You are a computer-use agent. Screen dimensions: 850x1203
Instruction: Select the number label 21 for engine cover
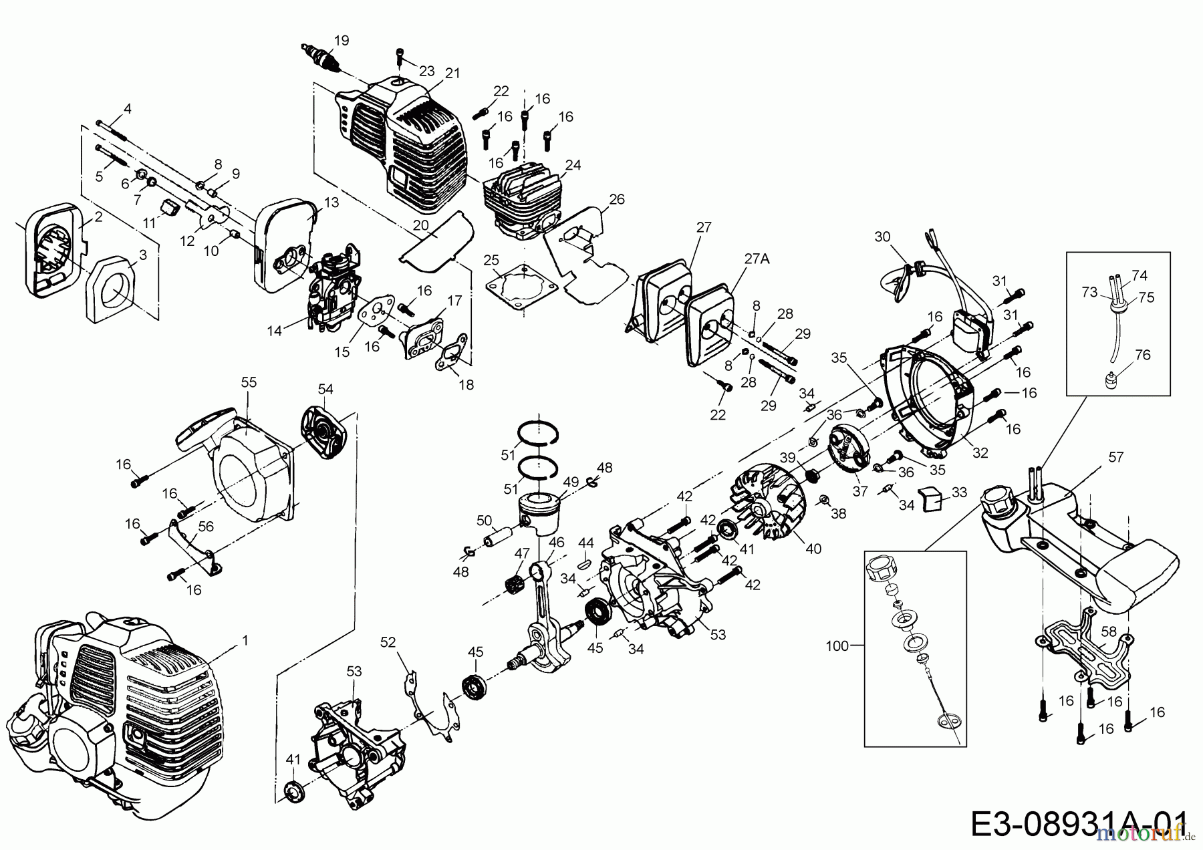point(452,74)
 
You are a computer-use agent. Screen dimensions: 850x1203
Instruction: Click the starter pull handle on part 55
point(200,435)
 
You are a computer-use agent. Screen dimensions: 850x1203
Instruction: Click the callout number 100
point(837,646)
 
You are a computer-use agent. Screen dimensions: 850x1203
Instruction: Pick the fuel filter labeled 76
point(1111,382)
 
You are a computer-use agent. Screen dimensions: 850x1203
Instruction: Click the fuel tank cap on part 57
point(997,503)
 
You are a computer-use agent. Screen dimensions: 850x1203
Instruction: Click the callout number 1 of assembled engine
point(245,640)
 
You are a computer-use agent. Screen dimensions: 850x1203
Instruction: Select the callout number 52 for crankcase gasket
point(388,642)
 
